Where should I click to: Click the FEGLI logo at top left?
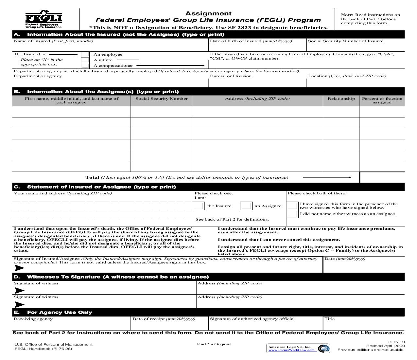coord(43,20)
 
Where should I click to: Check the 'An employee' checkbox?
coord(85,55)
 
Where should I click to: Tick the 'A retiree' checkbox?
coord(85,60)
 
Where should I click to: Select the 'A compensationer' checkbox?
coord(85,65)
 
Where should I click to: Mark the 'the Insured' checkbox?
coord(199,206)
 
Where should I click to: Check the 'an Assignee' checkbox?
coord(246,206)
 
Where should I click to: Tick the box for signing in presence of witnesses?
coord(292,206)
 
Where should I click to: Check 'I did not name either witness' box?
coord(292,214)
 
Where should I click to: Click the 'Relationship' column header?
coord(341,99)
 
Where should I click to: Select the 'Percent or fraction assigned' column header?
coord(382,100)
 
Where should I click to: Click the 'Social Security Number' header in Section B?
coord(162,99)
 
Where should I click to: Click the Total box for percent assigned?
coord(382,177)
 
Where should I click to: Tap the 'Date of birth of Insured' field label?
coord(251,41)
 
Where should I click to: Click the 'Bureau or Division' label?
coord(231,76)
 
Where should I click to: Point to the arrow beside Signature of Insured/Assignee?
coord(19,268)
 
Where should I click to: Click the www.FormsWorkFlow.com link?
coord(291,350)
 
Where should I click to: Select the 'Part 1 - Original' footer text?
coord(214,344)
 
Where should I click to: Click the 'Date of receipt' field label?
coord(164,319)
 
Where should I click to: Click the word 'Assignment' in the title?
coord(208,13)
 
